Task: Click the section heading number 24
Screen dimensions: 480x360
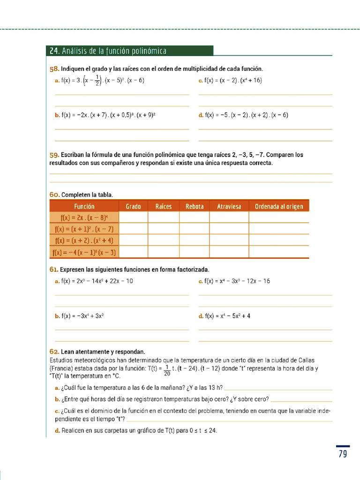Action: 54,51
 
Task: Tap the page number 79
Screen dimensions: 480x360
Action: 343,454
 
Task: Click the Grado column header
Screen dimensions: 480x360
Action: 133,206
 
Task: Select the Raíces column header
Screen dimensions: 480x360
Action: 164,206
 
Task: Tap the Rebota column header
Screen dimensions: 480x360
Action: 195,206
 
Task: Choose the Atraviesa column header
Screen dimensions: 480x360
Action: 229,206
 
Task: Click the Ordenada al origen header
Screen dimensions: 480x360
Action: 279,206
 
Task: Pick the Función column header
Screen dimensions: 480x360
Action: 84,206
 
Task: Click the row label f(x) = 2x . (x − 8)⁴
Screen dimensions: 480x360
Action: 84,217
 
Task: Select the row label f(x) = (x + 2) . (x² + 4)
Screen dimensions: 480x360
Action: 84,240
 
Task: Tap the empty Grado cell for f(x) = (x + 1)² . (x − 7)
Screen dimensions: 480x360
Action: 134,229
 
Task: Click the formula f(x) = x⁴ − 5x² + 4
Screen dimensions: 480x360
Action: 227,316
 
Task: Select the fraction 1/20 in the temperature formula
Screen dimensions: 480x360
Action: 167,370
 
